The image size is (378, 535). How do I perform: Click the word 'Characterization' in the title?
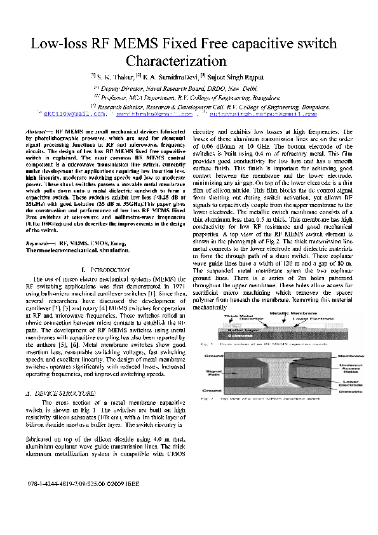pos(177,62)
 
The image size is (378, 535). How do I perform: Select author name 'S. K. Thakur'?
pos(116,76)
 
